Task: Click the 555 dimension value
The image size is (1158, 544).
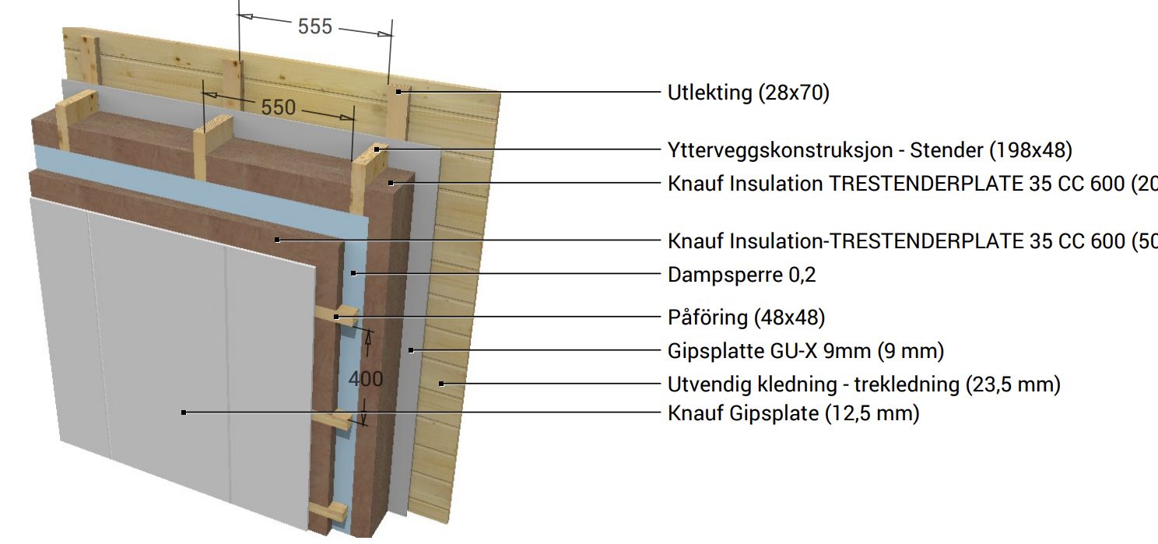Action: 314,26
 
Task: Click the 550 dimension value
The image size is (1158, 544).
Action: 278,107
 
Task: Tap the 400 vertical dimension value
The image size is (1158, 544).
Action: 365,378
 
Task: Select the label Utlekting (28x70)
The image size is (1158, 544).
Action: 748,93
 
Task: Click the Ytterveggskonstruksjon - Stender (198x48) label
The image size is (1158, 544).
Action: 869,149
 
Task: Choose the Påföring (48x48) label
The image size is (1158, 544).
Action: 746,318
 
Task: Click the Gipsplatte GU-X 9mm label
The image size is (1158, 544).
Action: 805,351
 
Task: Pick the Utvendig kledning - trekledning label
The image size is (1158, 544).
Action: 864,384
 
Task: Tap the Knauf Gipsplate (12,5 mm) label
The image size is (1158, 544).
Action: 793,412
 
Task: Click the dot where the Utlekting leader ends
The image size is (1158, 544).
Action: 398,92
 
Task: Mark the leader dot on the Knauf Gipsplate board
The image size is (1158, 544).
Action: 184,412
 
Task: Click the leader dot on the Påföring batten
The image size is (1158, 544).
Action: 336,317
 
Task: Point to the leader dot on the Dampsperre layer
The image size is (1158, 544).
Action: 353,273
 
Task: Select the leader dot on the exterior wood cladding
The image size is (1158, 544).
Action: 441,383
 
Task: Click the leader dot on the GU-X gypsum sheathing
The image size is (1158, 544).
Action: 410,350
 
